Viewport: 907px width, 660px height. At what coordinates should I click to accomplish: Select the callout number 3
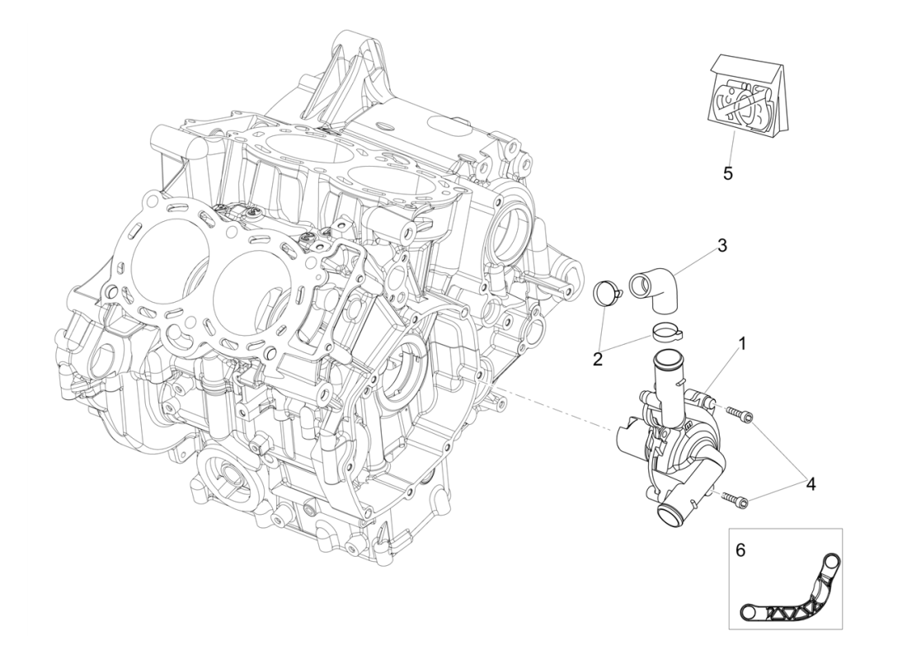[721, 246]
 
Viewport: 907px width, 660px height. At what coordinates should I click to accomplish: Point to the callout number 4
[811, 484]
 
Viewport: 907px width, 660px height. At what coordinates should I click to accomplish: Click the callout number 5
[727, 174]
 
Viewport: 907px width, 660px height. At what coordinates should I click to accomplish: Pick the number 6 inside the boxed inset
[740, 549]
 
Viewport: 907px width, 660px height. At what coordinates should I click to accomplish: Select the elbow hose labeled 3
[657, 290]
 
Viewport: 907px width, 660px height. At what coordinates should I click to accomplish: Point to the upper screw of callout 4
[739, 415]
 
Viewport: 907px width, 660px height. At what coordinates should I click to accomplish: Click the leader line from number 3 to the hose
[693, 260]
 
